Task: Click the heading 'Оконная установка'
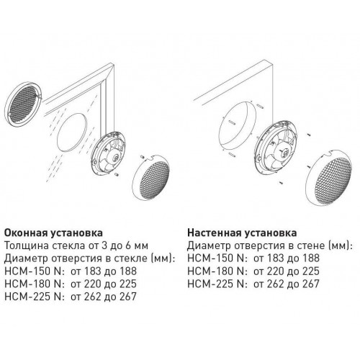pos(54,233)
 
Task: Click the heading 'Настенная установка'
pos(242,233)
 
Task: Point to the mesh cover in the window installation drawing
pos(151,177)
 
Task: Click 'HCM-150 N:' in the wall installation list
pos(217,258)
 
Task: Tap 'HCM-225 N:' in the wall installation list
pos(217,284)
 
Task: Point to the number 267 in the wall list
pos(310,284)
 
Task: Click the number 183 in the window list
pos(93,271)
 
